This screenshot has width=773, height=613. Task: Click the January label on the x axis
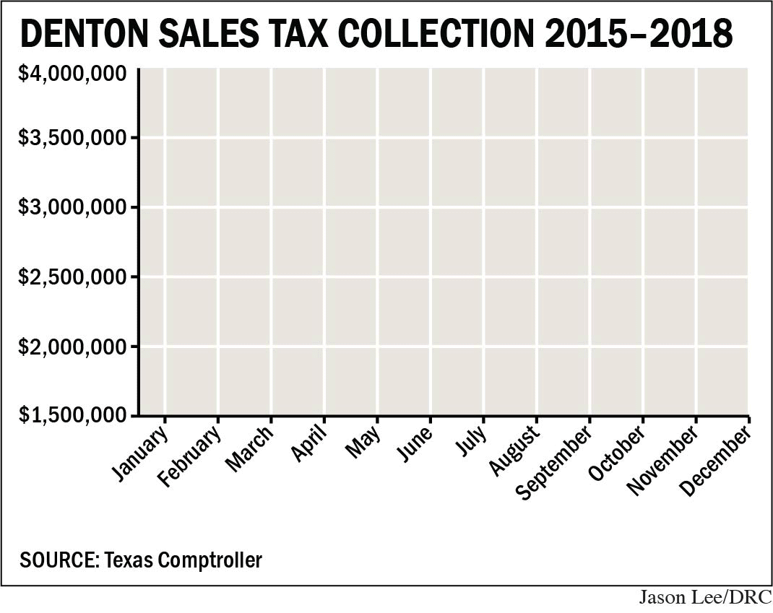(142, 453)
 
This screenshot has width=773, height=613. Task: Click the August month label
(515, 451)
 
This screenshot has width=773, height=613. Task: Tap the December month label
(716, 461)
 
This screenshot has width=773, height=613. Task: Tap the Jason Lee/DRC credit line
(705, 599)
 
